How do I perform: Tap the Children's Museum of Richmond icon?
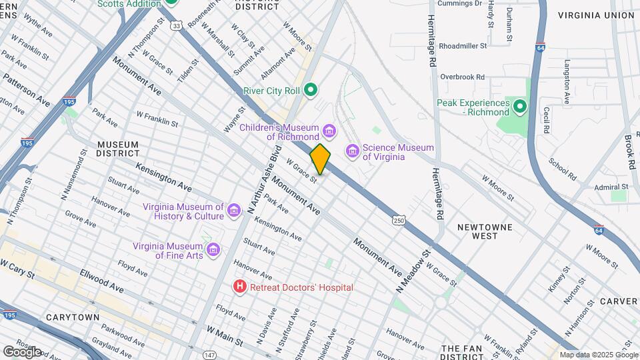pyautogui.click(x=327, y=129)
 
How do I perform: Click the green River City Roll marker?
pyautogui.click(x=310, y=89)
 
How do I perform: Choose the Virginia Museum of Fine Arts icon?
pyautogui.click(x=213, y=249)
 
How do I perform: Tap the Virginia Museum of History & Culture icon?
pyautogui.click(x=233, y=211)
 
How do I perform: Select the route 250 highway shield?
pyautogui.click(x=399, y=220)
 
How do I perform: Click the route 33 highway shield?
pyautogui.click(x=175, y=25)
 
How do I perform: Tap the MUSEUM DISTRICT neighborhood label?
pyautogui.click(x=117, y=149)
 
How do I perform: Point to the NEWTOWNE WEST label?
pyautogui.click(x=485, y=231)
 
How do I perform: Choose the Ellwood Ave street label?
pyautogui.click(x=101, y=280)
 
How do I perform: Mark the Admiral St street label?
pyautogui.click(x=611, y=187)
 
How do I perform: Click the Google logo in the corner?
pyautogui.click(x=22, y=351)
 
